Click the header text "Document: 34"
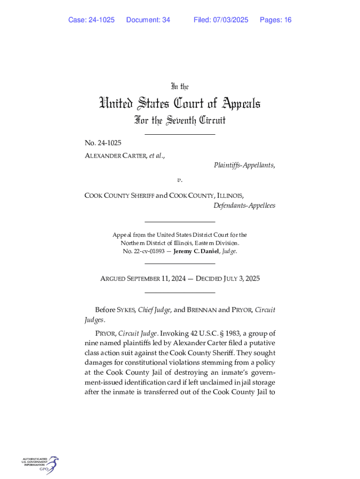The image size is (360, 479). click(x=148, y=20)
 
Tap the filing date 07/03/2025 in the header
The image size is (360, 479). click(x=230, y=20)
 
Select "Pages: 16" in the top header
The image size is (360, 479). click(x=275, y=20)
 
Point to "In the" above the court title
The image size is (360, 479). click(x=180, y=87)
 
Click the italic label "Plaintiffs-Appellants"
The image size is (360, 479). click(x=244, y=165)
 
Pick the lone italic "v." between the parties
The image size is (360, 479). click(x=180, y=180)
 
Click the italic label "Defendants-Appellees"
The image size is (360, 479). click(x=244, y=205)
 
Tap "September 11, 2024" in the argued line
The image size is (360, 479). click(x=151, y=279)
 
